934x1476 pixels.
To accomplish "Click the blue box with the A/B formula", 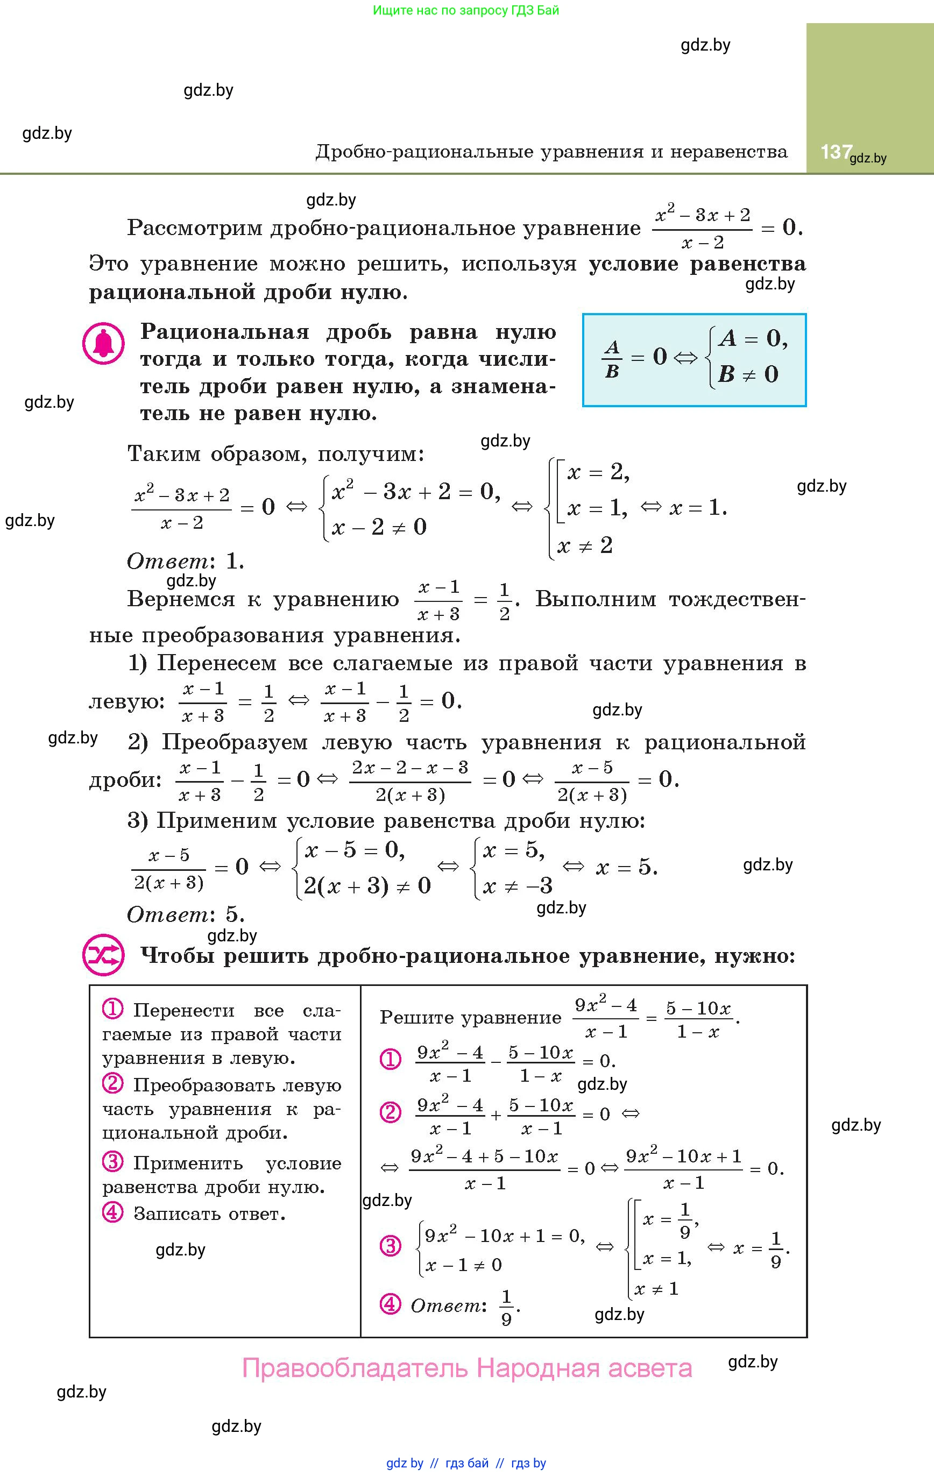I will point(694,360).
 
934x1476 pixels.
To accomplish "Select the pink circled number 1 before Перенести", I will point(113,1009).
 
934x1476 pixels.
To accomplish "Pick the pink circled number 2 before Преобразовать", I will point(113,1084).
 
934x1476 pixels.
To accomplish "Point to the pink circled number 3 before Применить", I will point(113,1161).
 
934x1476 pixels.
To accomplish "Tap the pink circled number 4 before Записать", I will point(113,1212).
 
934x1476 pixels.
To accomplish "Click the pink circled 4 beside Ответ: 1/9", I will point(390,1304).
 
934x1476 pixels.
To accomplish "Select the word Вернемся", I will point(181,599).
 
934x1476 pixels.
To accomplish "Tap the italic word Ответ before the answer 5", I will point(167,914).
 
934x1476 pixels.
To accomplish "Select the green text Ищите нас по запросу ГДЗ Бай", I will point(466,10).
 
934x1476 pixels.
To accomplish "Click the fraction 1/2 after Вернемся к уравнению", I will point(504,601).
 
